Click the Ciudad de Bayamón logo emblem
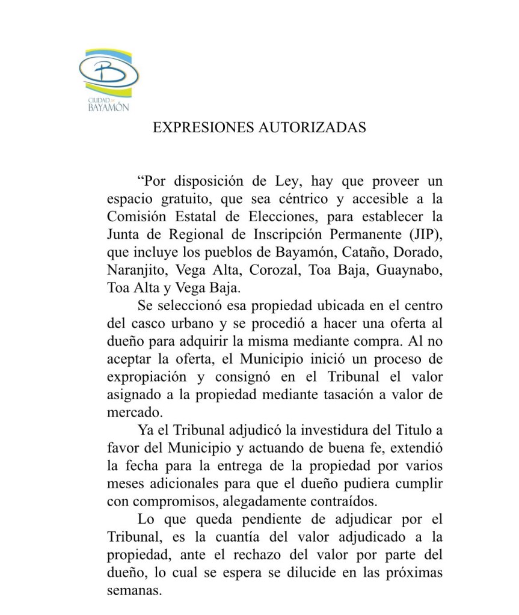pyautogui.click(x=110, y=79)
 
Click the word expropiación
pyautogui.click(x=143, y=378)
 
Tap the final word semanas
pyautogui.click(x=134, y=590)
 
